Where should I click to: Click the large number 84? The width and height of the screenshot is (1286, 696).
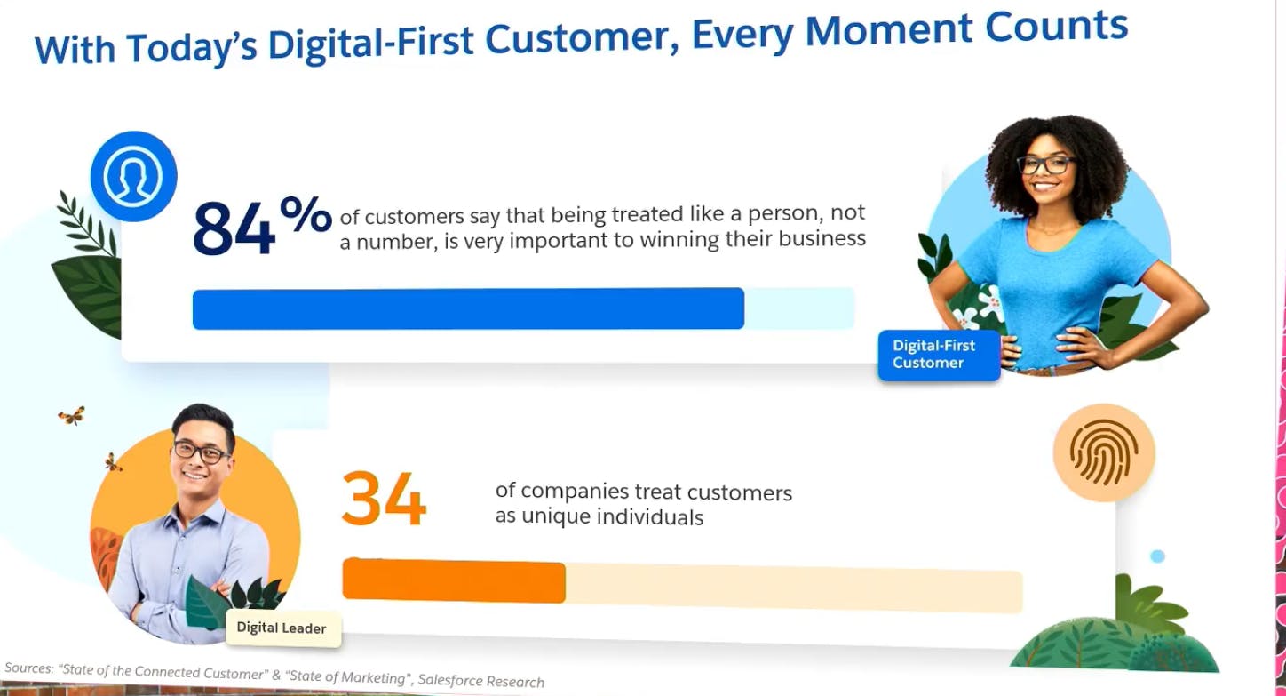[233, 228]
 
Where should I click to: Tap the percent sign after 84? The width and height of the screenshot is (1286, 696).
[306, 215]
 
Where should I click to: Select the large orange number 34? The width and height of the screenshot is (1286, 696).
[384, 500]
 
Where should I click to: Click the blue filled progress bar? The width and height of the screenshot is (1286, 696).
[468, 309]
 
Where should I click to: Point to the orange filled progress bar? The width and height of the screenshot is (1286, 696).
[454, 582]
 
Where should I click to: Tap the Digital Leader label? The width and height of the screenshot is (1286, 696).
[282, 628]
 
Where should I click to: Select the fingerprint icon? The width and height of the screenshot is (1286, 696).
[1103, 452]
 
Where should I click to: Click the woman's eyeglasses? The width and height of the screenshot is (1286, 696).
[1046, 164]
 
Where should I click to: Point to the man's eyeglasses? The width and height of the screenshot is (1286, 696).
[202, 452]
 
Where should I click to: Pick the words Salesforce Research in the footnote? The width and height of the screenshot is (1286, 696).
[481, 681]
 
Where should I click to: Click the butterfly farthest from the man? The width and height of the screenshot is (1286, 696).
[72, 415]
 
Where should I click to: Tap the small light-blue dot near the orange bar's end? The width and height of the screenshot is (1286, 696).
[1157, 556]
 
